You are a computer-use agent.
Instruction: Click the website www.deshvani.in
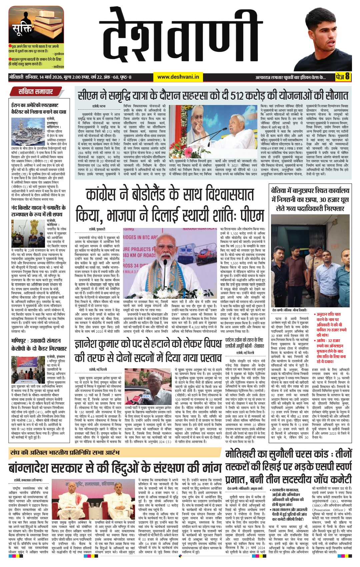178,77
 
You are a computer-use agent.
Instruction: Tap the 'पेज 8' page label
343,77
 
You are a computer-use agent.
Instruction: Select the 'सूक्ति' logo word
22,30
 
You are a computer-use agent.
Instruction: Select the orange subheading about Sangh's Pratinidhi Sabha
65,453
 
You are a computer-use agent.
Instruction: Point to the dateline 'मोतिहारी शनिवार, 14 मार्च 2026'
40,77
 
